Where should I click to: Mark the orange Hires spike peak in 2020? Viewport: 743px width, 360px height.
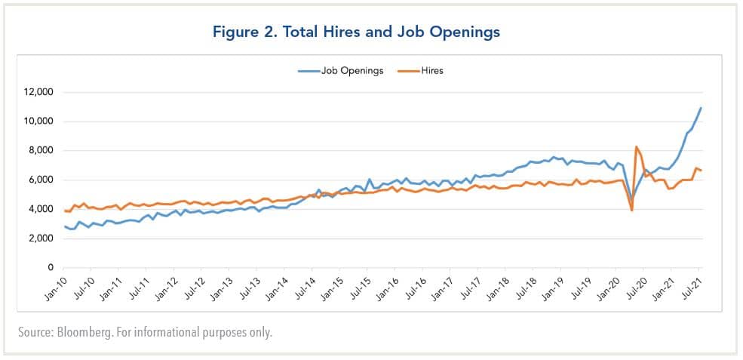coord(637,146)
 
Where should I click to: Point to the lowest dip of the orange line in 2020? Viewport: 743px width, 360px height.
coord(631,211)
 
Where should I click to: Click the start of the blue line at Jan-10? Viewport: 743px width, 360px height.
coord(65,226)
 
